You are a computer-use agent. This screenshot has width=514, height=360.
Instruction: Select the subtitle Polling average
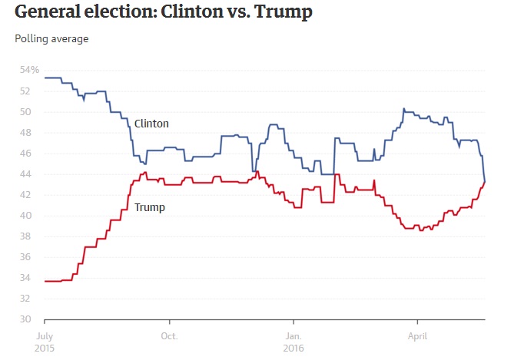point(51,39)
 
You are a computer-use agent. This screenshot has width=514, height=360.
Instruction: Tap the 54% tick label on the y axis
point(29,70)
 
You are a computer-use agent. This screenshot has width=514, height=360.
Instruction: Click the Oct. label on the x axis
point(169,335)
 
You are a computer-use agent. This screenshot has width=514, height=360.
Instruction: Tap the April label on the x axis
point(417,335)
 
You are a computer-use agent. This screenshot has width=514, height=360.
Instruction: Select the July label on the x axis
point(45,335)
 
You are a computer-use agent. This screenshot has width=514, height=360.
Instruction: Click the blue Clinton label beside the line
point(151,123)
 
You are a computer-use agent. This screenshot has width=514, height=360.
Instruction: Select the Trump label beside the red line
point(149,207)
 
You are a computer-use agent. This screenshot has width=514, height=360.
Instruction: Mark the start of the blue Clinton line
point(45,78)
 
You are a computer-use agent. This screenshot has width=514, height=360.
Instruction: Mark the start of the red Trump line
point(45,281)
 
